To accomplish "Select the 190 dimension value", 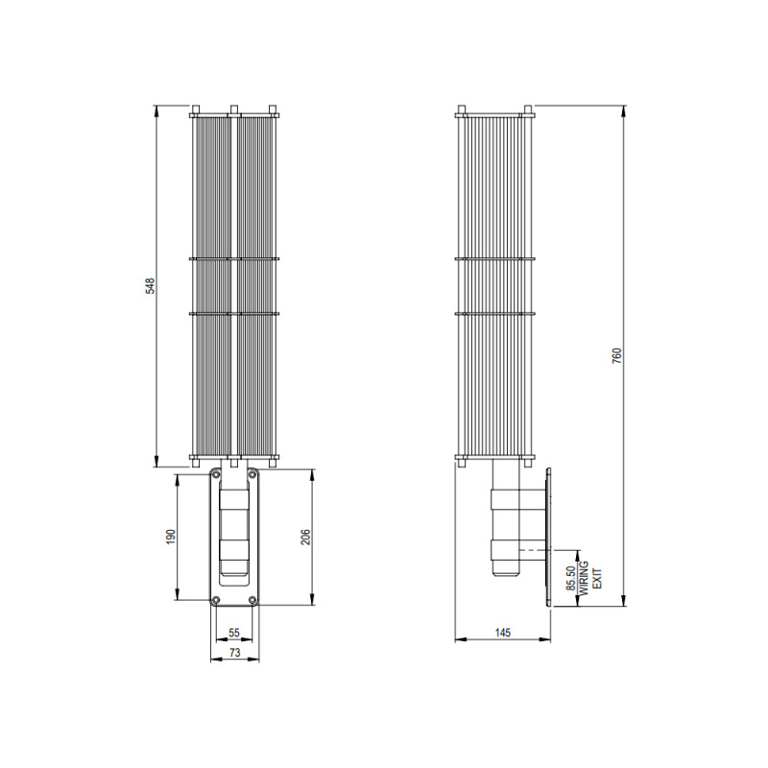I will coord(169,536).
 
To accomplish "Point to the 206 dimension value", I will coord(305,537).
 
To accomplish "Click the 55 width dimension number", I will coord(234,634).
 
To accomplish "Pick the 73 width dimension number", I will coord(234,652).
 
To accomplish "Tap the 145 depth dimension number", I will coord(502,633).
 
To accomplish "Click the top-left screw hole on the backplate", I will coord(216,475).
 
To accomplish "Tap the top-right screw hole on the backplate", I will coord(252,475).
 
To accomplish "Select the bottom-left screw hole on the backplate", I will coord(216,601).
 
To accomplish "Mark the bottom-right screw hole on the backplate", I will coord(252,601).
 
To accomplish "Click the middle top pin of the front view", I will coord(234,108).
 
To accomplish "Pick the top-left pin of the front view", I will coord(195,108).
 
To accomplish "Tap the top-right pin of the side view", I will coord(526,108).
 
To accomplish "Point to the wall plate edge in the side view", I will coord(548,538).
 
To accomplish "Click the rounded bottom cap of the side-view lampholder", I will coord(506,572).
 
